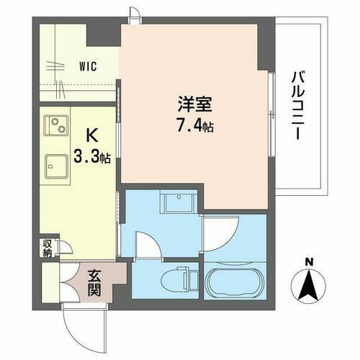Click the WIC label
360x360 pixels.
89,66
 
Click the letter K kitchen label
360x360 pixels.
92,135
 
